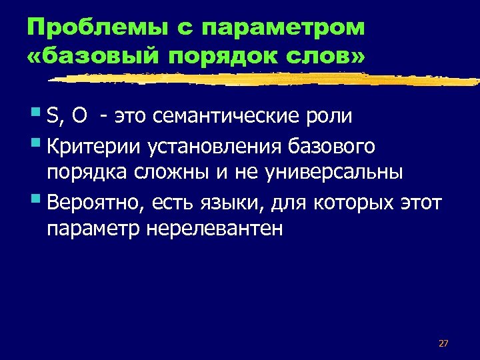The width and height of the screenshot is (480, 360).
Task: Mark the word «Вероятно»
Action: click(96, 203)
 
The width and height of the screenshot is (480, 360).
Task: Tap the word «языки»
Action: click(241, 203)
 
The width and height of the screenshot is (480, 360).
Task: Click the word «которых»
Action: click(352, 203)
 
